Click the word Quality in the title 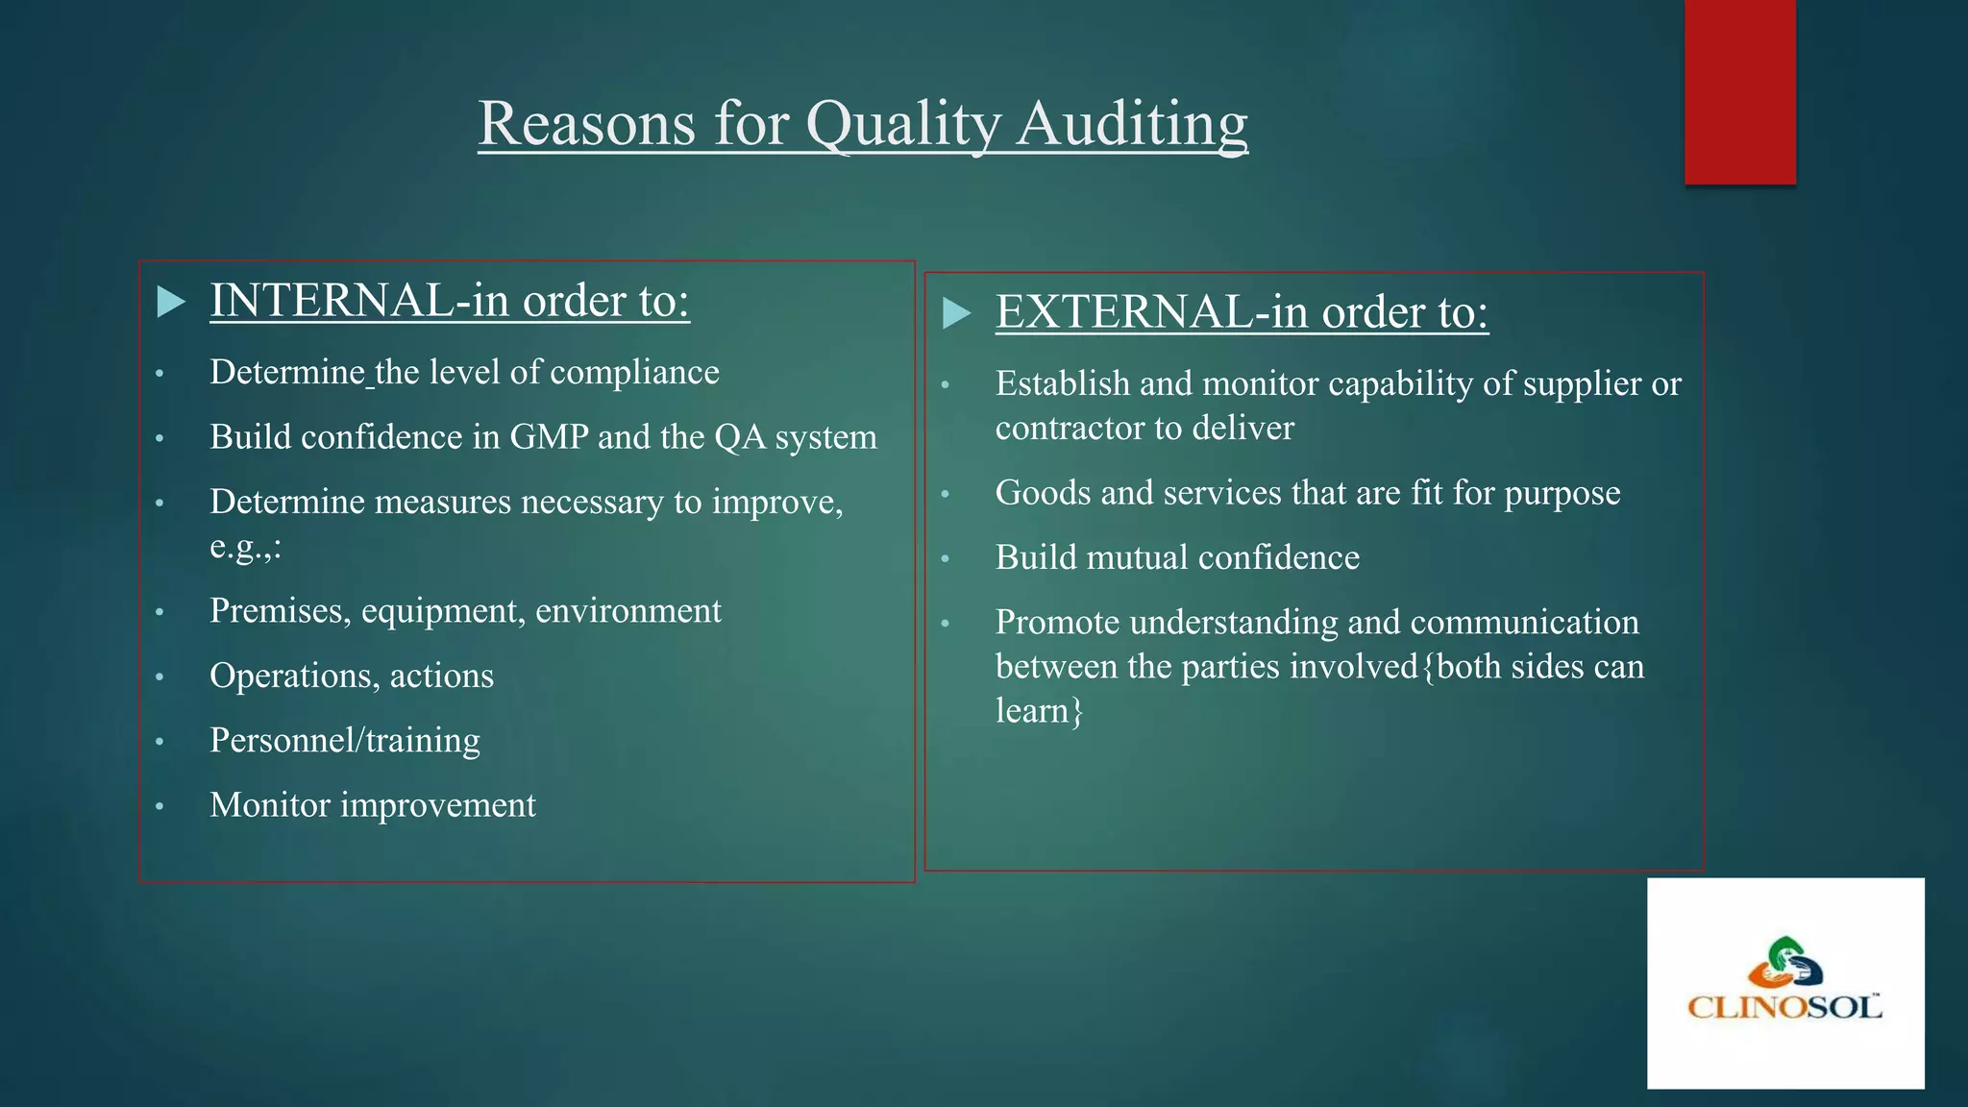click(x=902, y=124)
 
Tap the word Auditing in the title click(x=1132, y=124)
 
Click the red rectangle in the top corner click(x=1739, y=91)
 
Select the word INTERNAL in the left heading click(x=332, y=301)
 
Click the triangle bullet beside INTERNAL click(x=171, y=302)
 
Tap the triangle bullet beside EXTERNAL click(x=956, y=313)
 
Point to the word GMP click(x=549, y=437)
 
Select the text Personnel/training click(x=345, y=741)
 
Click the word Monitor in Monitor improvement click(x=270, y=805)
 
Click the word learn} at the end click(x=1039, y=711)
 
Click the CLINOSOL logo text click(x=1784, y=1007)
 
